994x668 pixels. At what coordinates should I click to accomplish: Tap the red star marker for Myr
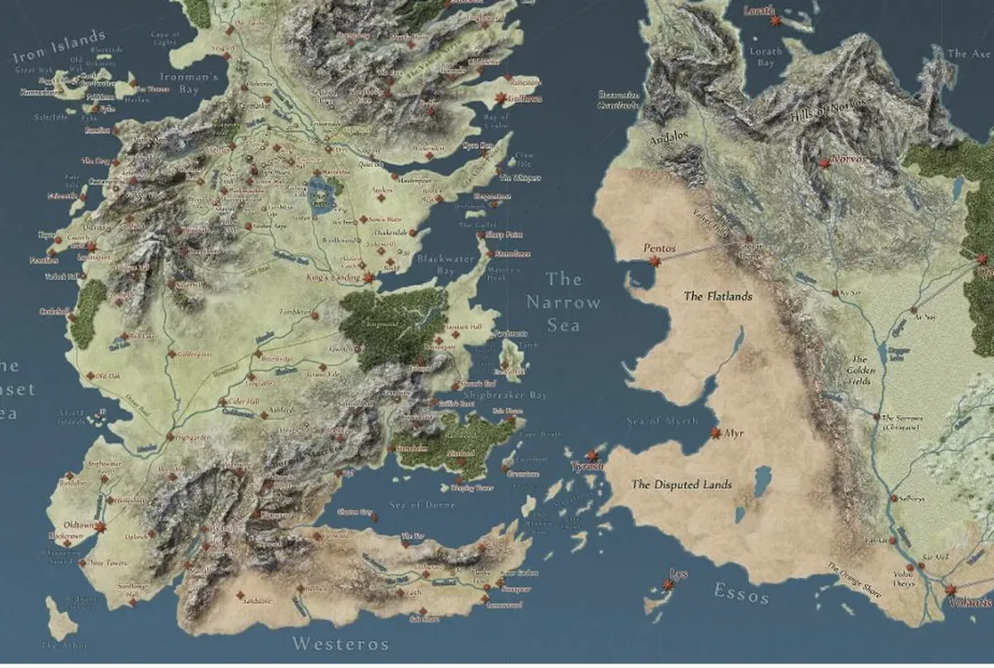[716, 433]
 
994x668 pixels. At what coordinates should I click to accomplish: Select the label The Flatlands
[717, 296]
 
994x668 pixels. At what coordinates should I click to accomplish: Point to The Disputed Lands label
[681, 485]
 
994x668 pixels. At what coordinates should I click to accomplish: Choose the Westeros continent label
[340, 645]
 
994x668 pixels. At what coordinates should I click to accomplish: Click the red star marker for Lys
[669, 585]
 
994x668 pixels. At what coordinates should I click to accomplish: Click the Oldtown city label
[80, 524]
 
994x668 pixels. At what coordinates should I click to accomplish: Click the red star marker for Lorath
[775, 21]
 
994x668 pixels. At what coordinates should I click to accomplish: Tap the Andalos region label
[669, 138]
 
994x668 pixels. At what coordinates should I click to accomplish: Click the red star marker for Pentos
[653, 262]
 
